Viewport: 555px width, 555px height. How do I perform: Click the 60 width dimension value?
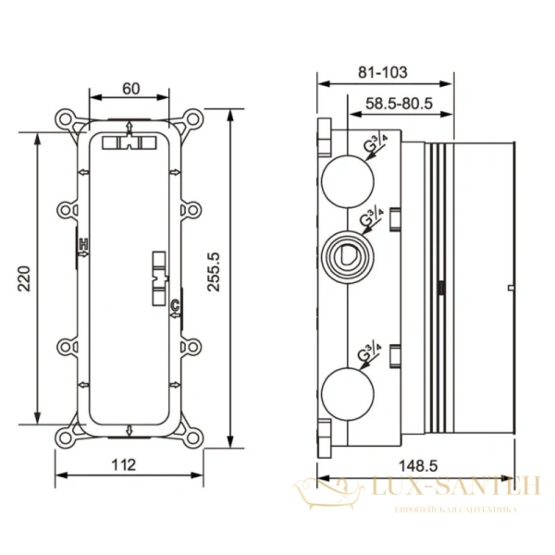pyautogui.click(x=130, y=89)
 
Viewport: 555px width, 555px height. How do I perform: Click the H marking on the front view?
pyautogui.click(x=83, y=244)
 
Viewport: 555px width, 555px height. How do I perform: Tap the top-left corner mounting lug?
pyautogui.click(x=67, y=121)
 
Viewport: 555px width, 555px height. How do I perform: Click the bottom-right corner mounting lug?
pyautogui.click(x=192, y=431)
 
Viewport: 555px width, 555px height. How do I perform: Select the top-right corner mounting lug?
pyautogui.click(x=192, y=121)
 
